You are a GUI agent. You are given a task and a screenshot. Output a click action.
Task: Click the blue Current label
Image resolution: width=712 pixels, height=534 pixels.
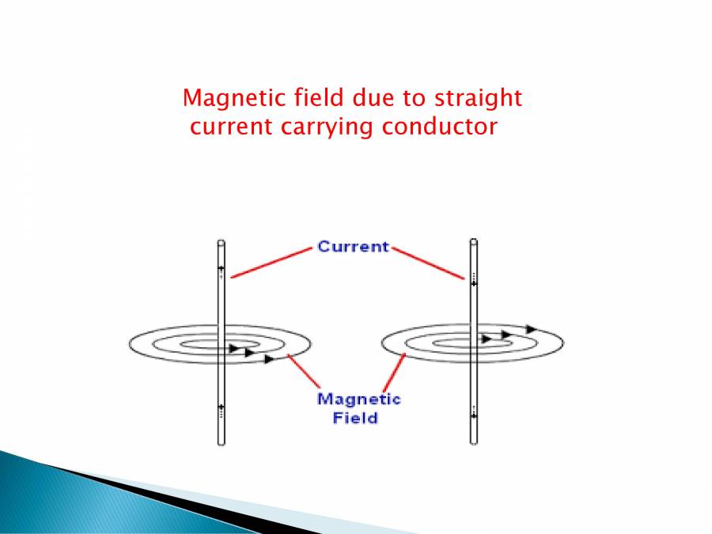[x=354, y=247]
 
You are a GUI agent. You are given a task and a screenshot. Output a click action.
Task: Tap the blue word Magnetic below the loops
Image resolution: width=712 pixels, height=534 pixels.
[x=358, y=400]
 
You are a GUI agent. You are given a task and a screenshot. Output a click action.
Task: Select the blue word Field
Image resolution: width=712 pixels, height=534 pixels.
[x=355, y=417]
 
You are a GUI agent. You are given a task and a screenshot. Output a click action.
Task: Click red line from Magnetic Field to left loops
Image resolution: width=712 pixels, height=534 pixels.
[x=304, y=375]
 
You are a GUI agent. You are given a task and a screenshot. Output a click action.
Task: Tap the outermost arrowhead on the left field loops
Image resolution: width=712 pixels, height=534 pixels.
[x=270, y=359]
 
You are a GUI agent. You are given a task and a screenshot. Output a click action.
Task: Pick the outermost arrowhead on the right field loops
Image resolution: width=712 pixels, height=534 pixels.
[x=532, y=328]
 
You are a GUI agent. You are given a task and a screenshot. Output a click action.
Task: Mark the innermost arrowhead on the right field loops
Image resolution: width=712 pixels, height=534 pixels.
[x=486, y=339]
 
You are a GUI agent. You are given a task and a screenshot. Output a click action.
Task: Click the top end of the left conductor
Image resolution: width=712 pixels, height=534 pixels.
[x=221, y=243]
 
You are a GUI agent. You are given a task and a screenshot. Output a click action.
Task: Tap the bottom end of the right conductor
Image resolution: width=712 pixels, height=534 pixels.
[x=473, y=441]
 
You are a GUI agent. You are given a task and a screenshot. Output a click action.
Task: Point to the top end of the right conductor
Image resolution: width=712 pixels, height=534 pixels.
[x=473, y=241]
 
